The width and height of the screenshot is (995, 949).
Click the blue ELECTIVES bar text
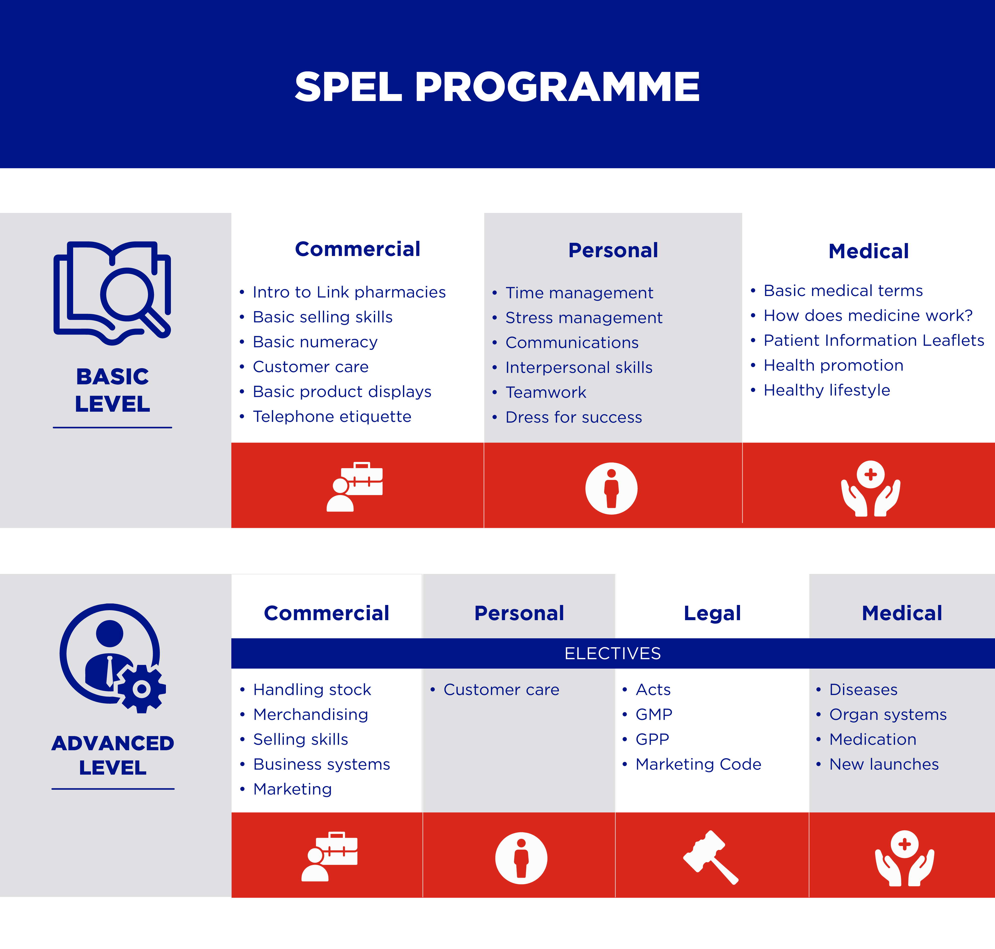point(613,653)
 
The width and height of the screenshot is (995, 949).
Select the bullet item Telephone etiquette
point(332,416)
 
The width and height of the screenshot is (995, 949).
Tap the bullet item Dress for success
point(574,417)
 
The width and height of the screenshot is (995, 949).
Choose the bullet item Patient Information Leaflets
point(874,341)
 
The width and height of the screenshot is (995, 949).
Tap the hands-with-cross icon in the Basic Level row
point(871,488)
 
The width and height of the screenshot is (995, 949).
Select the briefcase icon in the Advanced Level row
point(330,856)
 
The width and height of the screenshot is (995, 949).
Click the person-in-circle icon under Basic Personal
point(611,488)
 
